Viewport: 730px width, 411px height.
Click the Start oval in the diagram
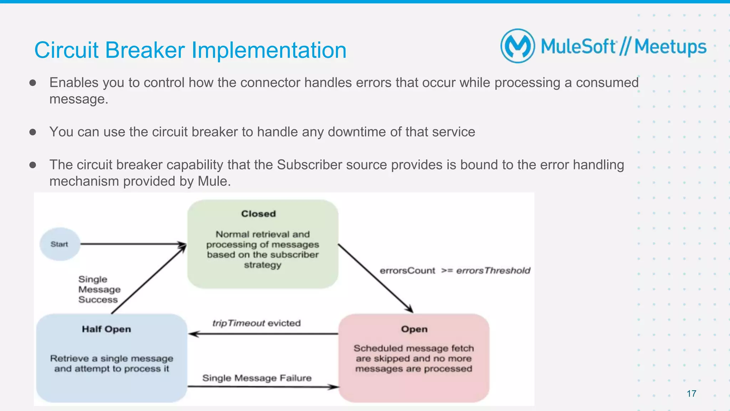(60, 244)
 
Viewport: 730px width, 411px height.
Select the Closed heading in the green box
(258, 214)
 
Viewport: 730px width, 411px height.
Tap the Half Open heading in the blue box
(106, 329)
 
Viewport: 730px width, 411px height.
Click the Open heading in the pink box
(414, 329)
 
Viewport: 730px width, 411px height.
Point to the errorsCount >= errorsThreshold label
(455, 271)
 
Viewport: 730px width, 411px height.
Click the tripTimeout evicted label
(256, 323)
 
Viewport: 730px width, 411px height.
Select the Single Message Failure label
(257, 378)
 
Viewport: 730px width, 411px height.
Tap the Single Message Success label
(99, 289)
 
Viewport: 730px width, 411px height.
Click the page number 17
(691, 394)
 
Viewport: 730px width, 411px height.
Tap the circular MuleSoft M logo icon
(518, 46)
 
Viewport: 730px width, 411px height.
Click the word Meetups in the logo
(670, 47)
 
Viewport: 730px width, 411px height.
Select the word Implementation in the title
(269, 50)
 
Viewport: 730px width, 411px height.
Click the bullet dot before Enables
(33, 83)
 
